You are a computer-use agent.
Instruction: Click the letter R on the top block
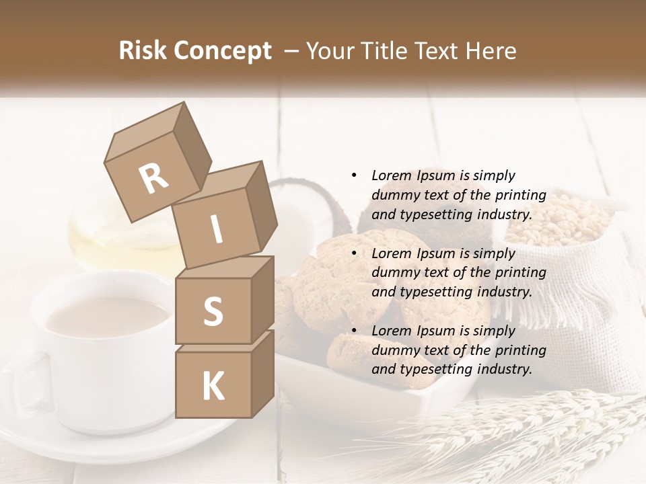154,178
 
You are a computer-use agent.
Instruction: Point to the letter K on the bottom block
213,387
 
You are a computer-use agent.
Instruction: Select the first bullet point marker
354,175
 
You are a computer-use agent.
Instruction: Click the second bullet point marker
354,253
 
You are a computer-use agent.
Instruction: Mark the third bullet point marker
354,331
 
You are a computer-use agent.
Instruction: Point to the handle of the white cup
24,383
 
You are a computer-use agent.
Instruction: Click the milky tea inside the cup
108,316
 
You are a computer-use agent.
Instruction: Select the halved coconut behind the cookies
303,202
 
